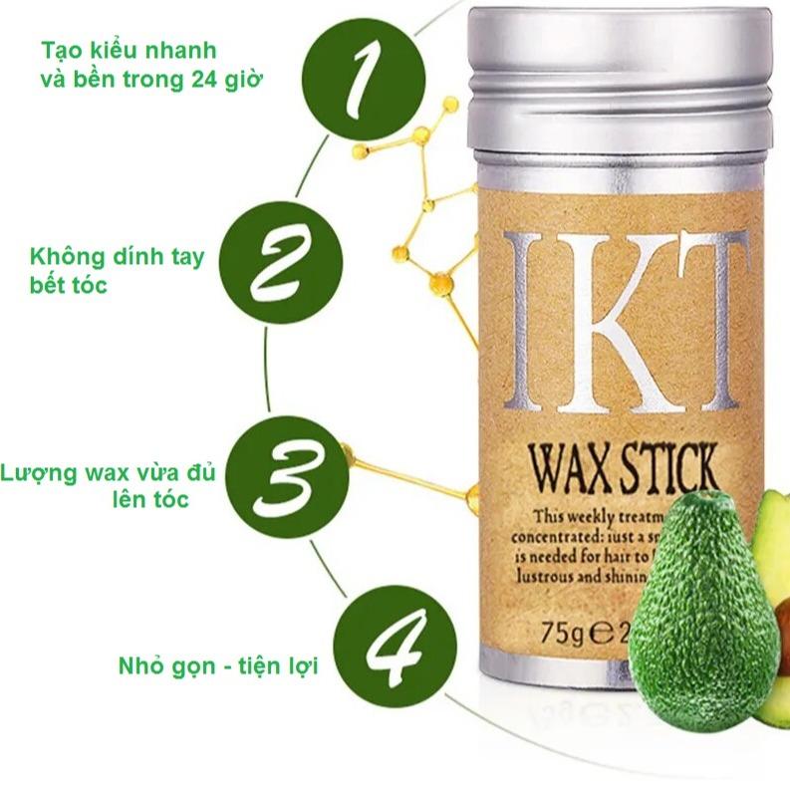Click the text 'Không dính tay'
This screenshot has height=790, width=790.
118,257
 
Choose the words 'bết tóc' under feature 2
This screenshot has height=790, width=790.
70,286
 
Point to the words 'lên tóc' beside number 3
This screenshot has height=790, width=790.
150,499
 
